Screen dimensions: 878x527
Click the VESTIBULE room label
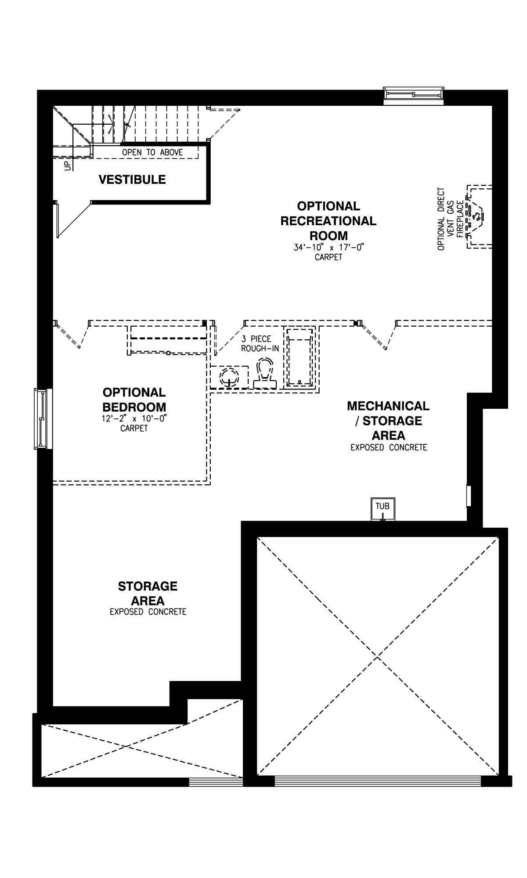coord(132,180)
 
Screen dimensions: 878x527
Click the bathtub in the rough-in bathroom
coord(300,357)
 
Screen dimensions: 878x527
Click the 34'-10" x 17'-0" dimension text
coord(329,248)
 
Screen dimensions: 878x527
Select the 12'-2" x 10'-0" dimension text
coord(134,418)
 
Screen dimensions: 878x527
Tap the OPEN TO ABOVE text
coord(152,152)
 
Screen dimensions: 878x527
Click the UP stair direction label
coord(68,166)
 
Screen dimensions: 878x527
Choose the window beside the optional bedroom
coord(43,419)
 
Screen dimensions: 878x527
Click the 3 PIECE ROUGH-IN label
coord(260,344)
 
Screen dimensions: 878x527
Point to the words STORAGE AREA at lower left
coord(148,593)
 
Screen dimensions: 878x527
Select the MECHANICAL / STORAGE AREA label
coord(388,421)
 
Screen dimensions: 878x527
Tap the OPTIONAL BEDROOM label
coord(134,399)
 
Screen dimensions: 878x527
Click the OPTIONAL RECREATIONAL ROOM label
coord(328,220)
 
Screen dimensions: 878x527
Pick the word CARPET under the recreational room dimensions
coord(328,257)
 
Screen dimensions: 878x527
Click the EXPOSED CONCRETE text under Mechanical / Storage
coord(389,448)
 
